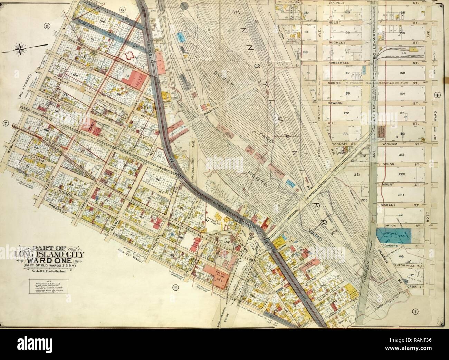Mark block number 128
tap(402, 12)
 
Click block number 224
tap(401, 195)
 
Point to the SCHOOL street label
tap(390, 164)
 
